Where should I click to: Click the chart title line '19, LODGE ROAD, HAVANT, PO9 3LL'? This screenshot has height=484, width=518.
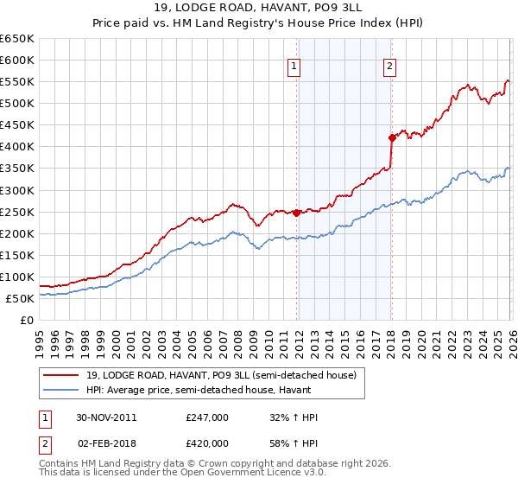pyautogui.click(x=259, y=8)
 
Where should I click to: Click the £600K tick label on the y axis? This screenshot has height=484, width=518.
pyautogui.click(x=17, y=60)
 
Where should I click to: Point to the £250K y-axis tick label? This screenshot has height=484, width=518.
pyautogui.click(x=17, y=212)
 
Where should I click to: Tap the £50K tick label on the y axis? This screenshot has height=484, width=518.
pyautogui.click(x=20, y=298)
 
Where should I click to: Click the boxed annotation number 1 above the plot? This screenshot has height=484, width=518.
pyautogui.click(x=294, y=66)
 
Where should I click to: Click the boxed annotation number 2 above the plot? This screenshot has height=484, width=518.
pyautogui.click(x=389, y=66)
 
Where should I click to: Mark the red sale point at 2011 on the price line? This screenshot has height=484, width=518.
pyautogui.click(x=297, y=213)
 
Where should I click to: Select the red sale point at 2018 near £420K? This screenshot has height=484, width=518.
pyautogui.click(x=391, y=137)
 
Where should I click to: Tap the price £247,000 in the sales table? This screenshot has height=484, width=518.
pyautogui.click(x=207, y=417)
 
